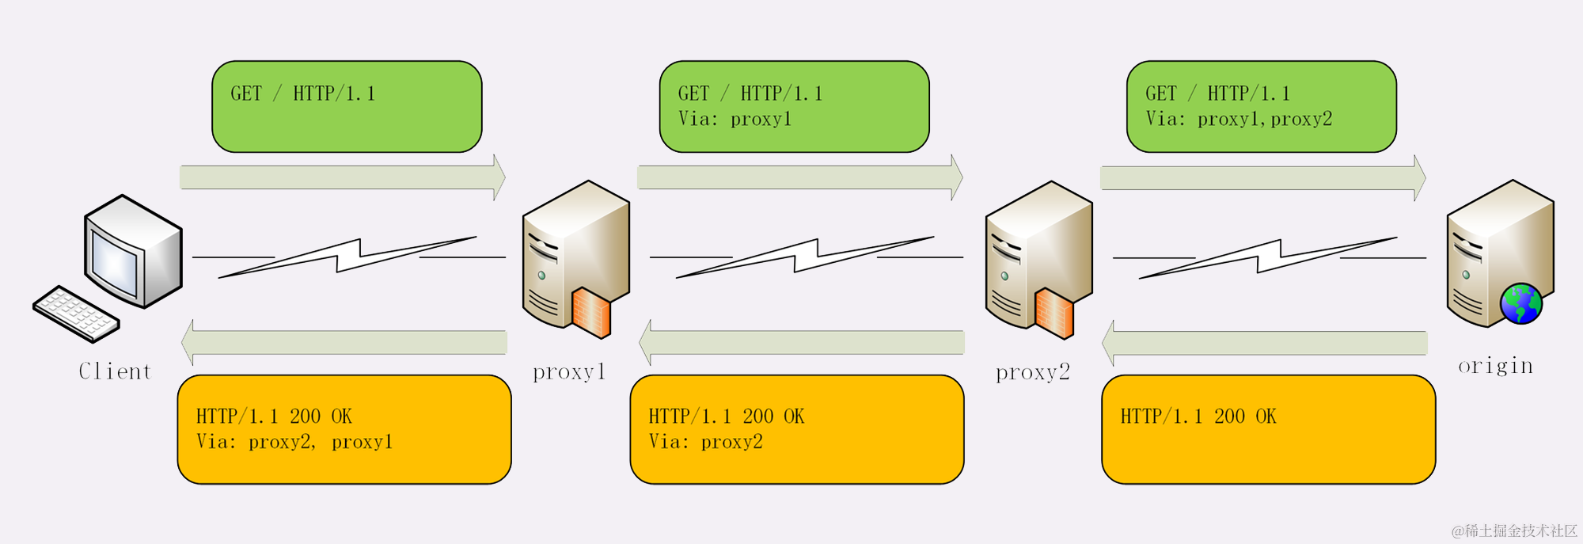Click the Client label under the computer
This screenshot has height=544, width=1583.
[x=115, y=371]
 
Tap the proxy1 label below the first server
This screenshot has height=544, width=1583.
[x=569, y=371]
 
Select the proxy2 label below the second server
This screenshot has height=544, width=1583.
[x=1032, y=371]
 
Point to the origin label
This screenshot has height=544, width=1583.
[x=1495, y=366]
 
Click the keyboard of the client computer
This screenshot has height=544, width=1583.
[x=76, y=314]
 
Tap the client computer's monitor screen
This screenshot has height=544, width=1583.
[x=116, y=257]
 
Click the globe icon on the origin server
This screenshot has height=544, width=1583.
[x=1520, y=304]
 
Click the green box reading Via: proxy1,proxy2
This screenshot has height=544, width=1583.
[x=1261, y=106]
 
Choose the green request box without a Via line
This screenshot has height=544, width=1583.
[x=347, y=106]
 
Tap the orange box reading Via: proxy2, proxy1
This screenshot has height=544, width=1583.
[x=344, y=429]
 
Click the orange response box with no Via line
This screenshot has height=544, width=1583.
[x=1268, y=429]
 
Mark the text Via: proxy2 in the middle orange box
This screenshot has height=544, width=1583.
[x=705, y=442]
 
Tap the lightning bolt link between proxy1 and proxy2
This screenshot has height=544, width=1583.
[x=806, y=257]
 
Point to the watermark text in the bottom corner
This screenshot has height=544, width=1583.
[x=1514, y=531]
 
